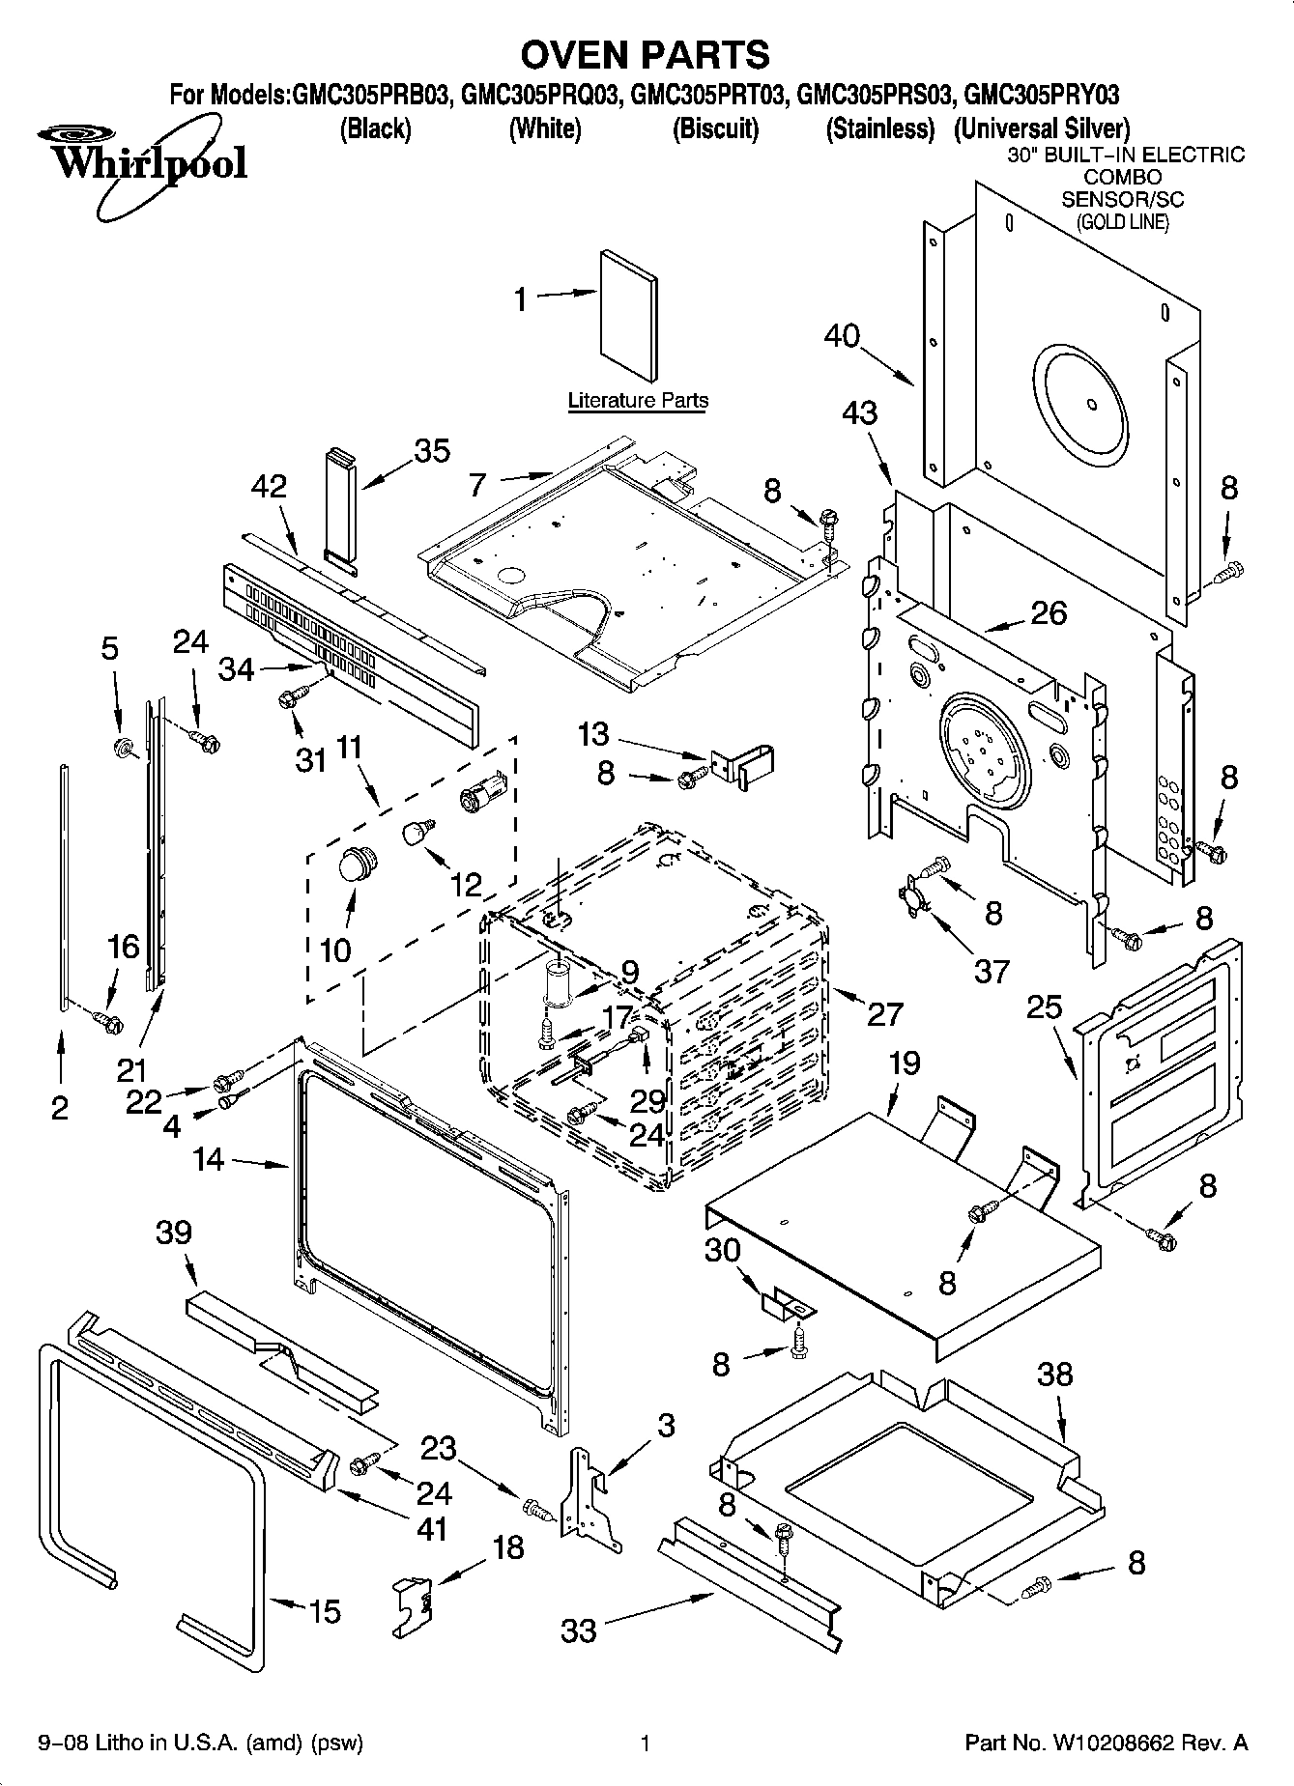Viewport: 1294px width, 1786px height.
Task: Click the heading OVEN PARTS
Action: [x=646, y=55]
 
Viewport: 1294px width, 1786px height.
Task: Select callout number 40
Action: [x=842, y=336]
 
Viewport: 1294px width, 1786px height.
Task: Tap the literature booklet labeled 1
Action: [x=628, y=317]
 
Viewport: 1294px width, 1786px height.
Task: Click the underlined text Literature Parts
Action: [x=638, y=400]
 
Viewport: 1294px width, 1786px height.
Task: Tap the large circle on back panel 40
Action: [x=1079, y=403]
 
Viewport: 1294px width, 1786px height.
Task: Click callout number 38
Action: [x=1054, y=1374]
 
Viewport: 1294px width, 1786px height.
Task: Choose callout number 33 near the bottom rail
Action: [x=579, y=1630]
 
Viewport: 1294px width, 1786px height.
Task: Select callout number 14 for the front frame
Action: [x=209, y=1159]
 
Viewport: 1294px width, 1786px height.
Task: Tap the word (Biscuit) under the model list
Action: [x=715, y=128]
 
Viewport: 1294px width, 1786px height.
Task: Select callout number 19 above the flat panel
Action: [x=904, y=1063]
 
